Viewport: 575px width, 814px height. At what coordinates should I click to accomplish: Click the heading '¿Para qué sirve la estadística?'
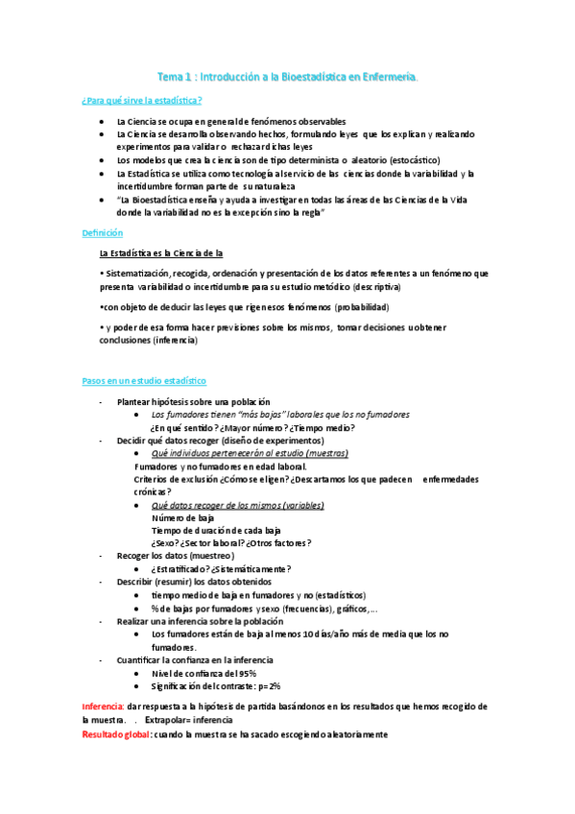coord(142,101)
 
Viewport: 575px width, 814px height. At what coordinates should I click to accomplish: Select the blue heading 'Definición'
coord(102,232)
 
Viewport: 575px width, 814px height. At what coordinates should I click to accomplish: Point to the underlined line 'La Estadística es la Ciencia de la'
coord(162,253)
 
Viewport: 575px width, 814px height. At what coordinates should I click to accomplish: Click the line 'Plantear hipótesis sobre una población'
coord(193,401)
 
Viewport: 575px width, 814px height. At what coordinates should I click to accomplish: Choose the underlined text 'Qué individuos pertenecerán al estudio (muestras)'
coord(250,453)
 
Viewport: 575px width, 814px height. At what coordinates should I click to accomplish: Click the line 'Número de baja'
coord(183,517)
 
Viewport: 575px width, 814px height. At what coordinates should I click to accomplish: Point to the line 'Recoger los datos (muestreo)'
coord(175,556)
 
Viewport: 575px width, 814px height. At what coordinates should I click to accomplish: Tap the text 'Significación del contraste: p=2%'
coord(216,686)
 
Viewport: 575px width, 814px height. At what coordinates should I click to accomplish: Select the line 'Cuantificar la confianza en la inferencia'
coord(195,659)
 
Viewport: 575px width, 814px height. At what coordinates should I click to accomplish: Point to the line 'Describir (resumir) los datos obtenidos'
coord(194,582)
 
